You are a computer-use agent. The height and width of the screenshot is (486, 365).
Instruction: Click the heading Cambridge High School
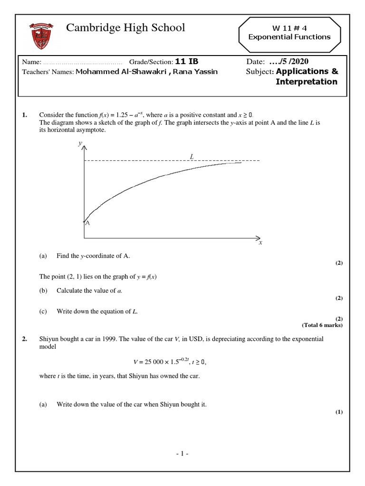tap(125, 28)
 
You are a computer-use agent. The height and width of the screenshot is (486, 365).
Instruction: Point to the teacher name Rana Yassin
tap(199, 72)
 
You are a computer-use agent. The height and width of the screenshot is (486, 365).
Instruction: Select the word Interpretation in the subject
tap(307, 82)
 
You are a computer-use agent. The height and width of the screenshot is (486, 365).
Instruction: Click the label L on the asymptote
tap(191, 156)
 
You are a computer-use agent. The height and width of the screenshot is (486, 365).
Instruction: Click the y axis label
tap(80, 143)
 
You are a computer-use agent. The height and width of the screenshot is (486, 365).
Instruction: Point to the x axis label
tap(260, 243)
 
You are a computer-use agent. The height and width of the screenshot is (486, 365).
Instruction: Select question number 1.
tap(24, 115)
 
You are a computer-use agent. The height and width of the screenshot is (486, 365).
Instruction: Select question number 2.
tap(24, 339)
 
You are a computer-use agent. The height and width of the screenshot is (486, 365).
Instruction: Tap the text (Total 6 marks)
tap(322, 325)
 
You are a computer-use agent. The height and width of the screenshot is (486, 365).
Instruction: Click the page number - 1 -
tap(182, 454)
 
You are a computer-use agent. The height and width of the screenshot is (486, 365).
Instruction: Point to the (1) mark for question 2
tap(338, 412)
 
